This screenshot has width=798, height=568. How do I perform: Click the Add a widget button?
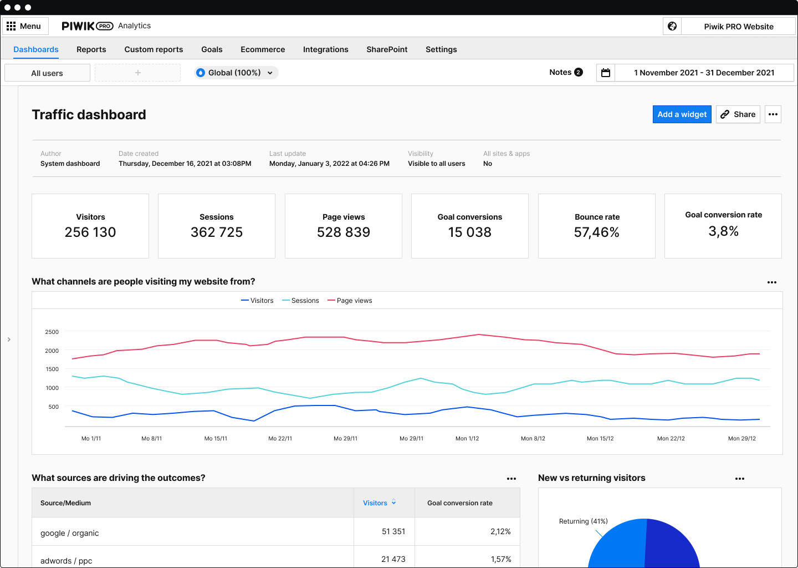point(682,114)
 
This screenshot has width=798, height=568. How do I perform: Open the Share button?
point(738,114)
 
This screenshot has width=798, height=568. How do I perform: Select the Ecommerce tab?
point(263,49)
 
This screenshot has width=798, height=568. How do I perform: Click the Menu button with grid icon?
point(24,26)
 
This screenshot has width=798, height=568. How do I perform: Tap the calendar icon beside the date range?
point(606,73)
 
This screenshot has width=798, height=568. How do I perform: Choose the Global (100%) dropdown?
point(236,73)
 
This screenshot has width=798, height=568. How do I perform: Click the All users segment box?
point(47,73)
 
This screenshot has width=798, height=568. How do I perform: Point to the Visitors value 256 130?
point(90,232)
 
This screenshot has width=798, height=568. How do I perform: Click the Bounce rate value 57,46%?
point(597,232)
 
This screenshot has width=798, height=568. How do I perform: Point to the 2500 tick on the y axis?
point(52,332)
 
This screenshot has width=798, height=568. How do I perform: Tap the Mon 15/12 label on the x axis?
point(600,438)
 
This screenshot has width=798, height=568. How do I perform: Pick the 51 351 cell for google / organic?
point(393,531)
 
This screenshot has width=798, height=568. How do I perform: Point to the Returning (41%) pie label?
point(583,521)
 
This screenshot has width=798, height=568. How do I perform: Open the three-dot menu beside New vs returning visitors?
point(740,478)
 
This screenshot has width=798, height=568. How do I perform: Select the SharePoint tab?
point(387,49)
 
